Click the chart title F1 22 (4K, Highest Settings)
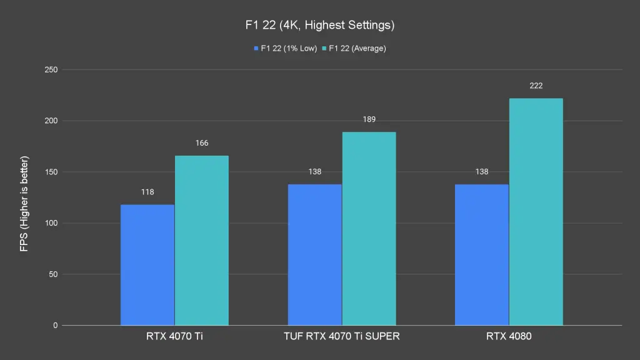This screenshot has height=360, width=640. (319, 26)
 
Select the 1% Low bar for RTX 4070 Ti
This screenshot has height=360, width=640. (147, 265)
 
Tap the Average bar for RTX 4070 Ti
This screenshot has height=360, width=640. (201, 241)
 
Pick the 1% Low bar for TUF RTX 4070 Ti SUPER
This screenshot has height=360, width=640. (315, 255)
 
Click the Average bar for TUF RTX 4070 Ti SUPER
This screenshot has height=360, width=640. (369, 229)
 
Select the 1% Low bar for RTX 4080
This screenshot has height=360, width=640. (482, 255)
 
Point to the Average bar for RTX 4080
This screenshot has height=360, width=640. (536, 212)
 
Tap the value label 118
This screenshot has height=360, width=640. (147, 192)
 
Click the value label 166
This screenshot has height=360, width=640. (201, 143)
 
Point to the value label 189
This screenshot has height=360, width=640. (369, 119)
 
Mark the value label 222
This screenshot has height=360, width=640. (536, 86)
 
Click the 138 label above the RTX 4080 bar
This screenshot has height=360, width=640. (482, 171)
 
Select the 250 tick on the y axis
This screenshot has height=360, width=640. (51, 70)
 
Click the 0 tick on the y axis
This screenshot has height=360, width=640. (55, 326)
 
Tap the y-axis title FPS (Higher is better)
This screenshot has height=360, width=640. (24, 197)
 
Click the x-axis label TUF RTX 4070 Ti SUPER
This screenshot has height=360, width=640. (342, 337)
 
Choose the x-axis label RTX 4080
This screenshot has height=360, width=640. (509, 337)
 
